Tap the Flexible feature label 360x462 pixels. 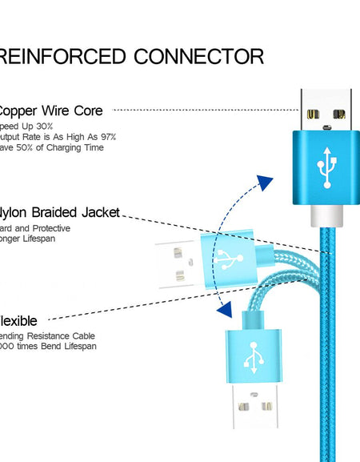tap(19, 321)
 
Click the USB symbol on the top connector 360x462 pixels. tap(326, 167)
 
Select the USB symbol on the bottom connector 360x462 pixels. tap(253, 356)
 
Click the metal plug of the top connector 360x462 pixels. tap(326, 110)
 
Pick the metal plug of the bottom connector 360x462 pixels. tap(253, 412)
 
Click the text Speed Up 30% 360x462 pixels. tap(26, 126)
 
